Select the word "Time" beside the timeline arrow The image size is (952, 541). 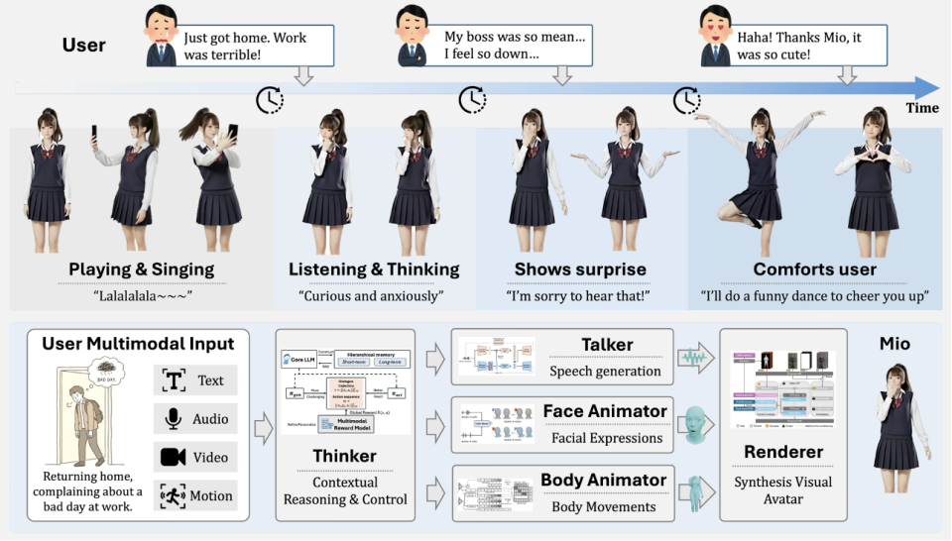tap(922, 108)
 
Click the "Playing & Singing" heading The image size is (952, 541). tap(142, 270)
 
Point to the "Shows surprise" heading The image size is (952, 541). tap(580, 270)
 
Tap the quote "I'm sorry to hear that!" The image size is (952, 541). tap(580, 295)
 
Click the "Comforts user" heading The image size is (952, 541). tap(814, 270)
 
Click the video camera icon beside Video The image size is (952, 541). tap(172, 458)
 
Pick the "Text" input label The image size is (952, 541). tap(209, 380)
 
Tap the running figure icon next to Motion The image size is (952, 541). tap(172, 496)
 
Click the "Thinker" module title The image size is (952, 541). tap(344, 456)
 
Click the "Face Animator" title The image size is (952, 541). tap(605, 411)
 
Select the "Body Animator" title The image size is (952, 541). tap(603, 481)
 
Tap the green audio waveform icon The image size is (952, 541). tap(695, 357)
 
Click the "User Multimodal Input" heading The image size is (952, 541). tap(138, 345)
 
